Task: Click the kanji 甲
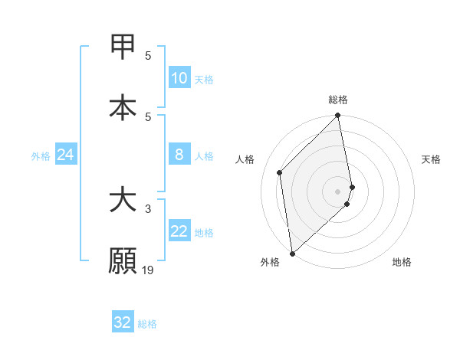(123, 47)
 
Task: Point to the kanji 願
(123, 260)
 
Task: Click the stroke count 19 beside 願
(149, 270)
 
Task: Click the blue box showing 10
(179, 78)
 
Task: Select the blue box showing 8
(179, 155)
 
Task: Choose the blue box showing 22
(179, 231)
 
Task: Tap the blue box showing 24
(66, 155)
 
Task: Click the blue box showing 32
(123, 322)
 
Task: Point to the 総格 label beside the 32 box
(148, 324)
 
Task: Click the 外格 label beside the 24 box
(41, 156)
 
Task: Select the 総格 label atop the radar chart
(338, 100)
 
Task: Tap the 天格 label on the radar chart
(432, 159)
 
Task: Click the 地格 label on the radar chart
(402, 263)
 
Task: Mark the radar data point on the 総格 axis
(338, 116)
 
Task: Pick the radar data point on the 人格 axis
(280, 172)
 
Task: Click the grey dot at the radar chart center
(338, 191)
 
